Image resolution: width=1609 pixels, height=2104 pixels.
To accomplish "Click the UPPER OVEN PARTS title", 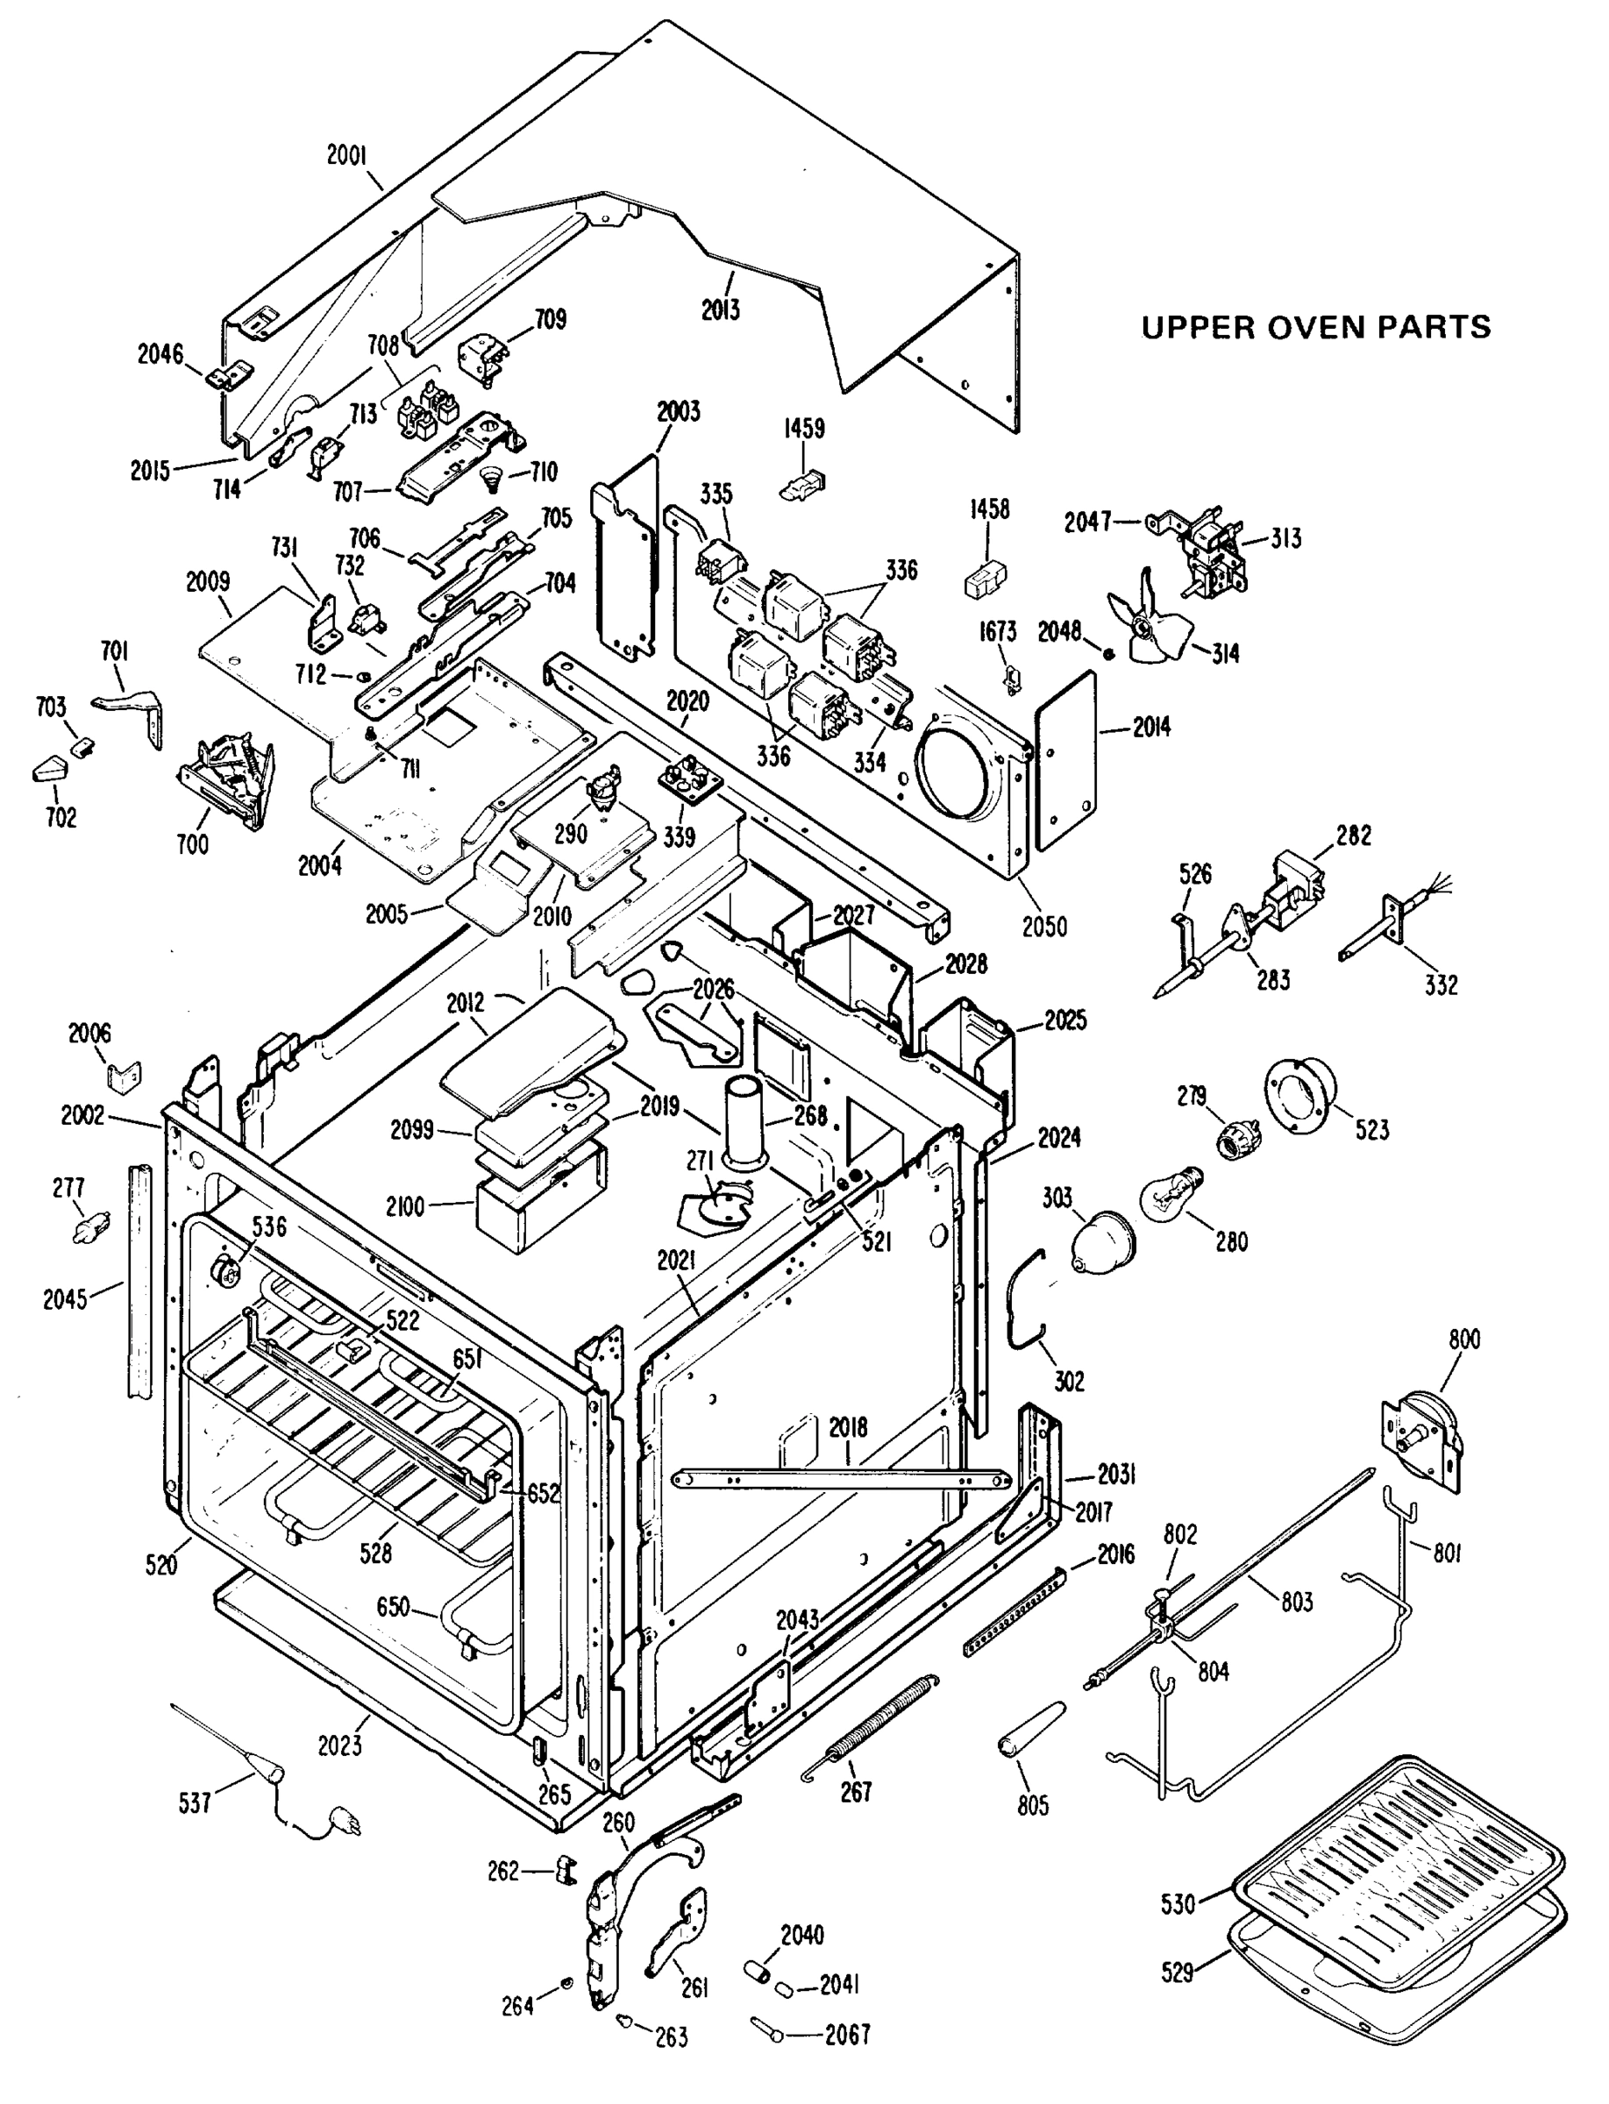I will [1315, 328].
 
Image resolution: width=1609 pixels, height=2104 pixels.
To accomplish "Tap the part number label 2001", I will [347, 155].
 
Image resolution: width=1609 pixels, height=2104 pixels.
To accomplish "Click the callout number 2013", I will [720, 309].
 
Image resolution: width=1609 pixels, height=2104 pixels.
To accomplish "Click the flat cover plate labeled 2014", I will [1066, 759].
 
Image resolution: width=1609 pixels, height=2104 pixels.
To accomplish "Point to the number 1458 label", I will [988, 508].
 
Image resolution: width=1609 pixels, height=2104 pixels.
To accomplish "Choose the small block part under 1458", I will [985, 579].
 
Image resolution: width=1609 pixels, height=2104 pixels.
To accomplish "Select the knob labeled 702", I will [49, 769].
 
